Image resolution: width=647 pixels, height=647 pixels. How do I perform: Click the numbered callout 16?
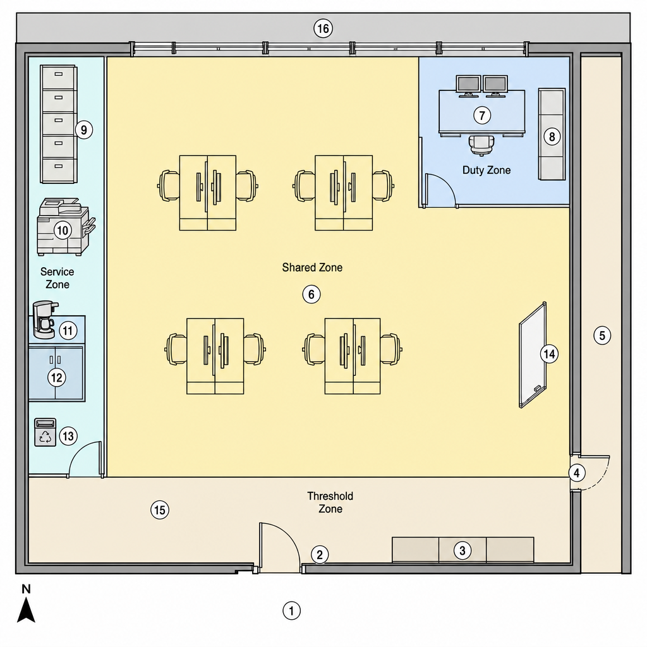323,28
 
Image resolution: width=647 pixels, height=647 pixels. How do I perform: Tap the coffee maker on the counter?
45,320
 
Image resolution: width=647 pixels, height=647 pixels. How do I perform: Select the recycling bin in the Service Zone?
45,432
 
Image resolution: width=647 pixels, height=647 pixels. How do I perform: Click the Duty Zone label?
487,170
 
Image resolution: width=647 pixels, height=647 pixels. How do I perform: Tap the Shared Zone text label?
312,267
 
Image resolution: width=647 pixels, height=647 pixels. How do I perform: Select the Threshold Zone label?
330,502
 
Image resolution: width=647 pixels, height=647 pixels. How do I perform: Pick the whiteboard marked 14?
533,355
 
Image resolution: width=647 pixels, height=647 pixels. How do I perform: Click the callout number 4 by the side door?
576,473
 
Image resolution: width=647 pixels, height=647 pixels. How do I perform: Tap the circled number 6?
311,294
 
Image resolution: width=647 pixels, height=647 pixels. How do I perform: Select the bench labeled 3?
463,550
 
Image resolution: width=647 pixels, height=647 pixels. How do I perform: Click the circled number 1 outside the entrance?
291,611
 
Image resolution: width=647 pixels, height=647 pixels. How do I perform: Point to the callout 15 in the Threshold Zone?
160,510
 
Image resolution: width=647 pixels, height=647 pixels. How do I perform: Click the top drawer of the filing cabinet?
58,76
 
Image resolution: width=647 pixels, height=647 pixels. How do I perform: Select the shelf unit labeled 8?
552,134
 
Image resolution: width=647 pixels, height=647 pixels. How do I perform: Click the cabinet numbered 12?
56,373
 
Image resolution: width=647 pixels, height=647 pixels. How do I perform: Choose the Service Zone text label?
57,278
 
